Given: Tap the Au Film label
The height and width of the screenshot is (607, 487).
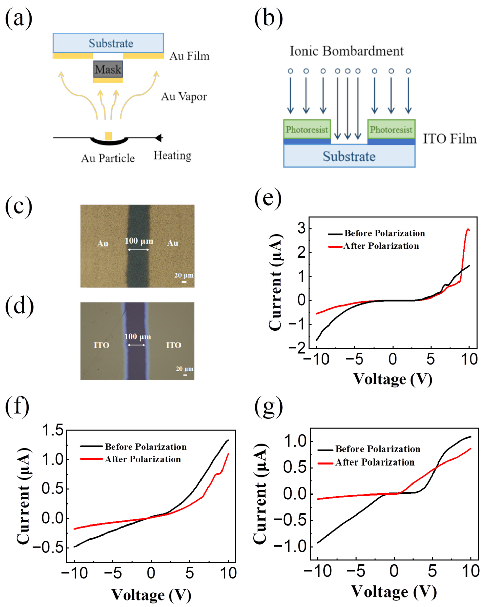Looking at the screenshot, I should click(x=189, y=56).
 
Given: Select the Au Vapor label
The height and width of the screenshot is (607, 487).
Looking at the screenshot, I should click(x=184, y=97).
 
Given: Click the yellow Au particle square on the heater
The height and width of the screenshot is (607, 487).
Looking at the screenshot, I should click(x=108, y=136).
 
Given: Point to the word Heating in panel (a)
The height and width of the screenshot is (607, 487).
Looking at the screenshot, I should click(x=172, y=155).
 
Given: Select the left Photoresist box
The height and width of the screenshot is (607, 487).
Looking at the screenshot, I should click(x=307, y=129).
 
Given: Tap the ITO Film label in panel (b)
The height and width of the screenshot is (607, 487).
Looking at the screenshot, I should click(x=450, y=139).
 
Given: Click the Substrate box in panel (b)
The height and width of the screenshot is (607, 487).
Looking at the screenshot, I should click(x=349, y=156).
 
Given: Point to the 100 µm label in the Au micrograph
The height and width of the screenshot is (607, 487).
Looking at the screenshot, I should click(x=139, y=241).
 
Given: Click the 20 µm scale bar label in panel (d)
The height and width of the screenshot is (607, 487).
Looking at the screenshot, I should click(x=185, y=369).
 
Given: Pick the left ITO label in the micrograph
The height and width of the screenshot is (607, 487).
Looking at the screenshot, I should click(x=101, y=345).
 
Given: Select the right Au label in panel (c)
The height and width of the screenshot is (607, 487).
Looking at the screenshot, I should click(x=172, y=243).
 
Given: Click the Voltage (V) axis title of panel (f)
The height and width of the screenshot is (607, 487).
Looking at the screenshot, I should click(x=151, y=595).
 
